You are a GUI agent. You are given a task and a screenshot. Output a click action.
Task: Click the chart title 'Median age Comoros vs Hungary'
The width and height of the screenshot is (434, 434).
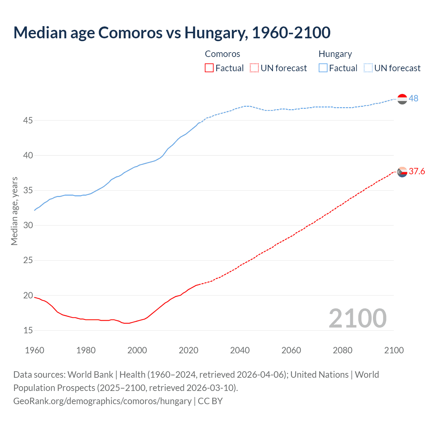[x=172, y=33]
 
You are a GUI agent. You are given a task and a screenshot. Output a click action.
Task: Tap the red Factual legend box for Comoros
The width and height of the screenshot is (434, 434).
[x=209, y=68]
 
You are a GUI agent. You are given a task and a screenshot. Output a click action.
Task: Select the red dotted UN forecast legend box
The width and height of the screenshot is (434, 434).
[x=254, y=68]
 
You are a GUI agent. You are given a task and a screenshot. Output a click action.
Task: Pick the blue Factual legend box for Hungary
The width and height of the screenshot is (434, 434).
[x=323, y=68]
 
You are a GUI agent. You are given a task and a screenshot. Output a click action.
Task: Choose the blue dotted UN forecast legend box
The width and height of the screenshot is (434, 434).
[x=368, y=68]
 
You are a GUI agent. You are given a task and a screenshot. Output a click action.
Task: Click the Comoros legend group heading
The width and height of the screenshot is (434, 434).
[x=222, y=54]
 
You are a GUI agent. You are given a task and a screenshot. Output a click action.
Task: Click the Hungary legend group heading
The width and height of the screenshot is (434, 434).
[x=335, y=54]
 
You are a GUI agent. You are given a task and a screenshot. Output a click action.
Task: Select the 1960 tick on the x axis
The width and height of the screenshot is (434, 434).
[x=35, y=350]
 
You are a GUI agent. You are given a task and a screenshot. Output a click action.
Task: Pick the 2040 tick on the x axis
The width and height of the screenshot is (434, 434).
[x=240, y=350]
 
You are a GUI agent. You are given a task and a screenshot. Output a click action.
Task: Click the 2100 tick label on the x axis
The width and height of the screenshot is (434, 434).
[x=394, y=350]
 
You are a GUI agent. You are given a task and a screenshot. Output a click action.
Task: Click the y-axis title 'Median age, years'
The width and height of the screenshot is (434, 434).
[x=14, y=211]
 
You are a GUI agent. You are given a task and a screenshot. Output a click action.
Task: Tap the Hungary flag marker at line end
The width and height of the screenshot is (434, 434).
[x=402, y=99]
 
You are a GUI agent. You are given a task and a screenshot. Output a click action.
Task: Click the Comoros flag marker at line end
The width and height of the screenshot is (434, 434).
[x=402, y=172]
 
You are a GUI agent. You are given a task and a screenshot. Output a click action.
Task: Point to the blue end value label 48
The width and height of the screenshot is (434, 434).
[x=413, y=98]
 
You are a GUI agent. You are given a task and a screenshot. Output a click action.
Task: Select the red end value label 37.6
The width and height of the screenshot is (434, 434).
[x=417, y=171]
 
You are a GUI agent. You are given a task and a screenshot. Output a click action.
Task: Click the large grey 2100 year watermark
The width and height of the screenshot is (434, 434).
[x=357, y=318]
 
